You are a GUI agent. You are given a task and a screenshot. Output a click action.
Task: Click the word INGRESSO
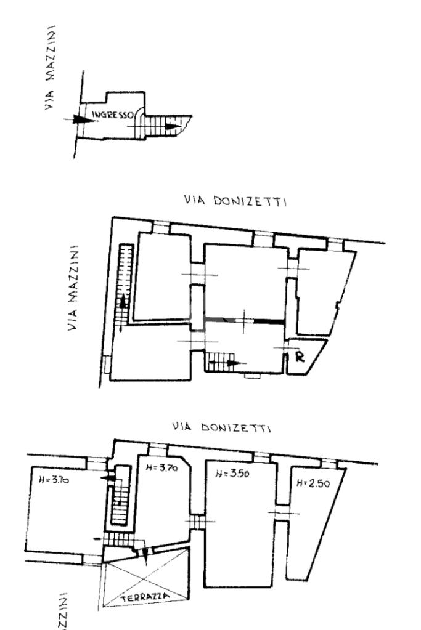tap(110, 115)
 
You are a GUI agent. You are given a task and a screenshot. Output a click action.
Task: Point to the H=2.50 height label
tap(313, 483)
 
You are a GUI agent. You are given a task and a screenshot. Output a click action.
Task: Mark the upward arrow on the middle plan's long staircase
tap(123, 302)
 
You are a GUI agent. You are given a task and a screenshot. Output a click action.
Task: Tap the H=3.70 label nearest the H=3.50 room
tap(162, 469)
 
